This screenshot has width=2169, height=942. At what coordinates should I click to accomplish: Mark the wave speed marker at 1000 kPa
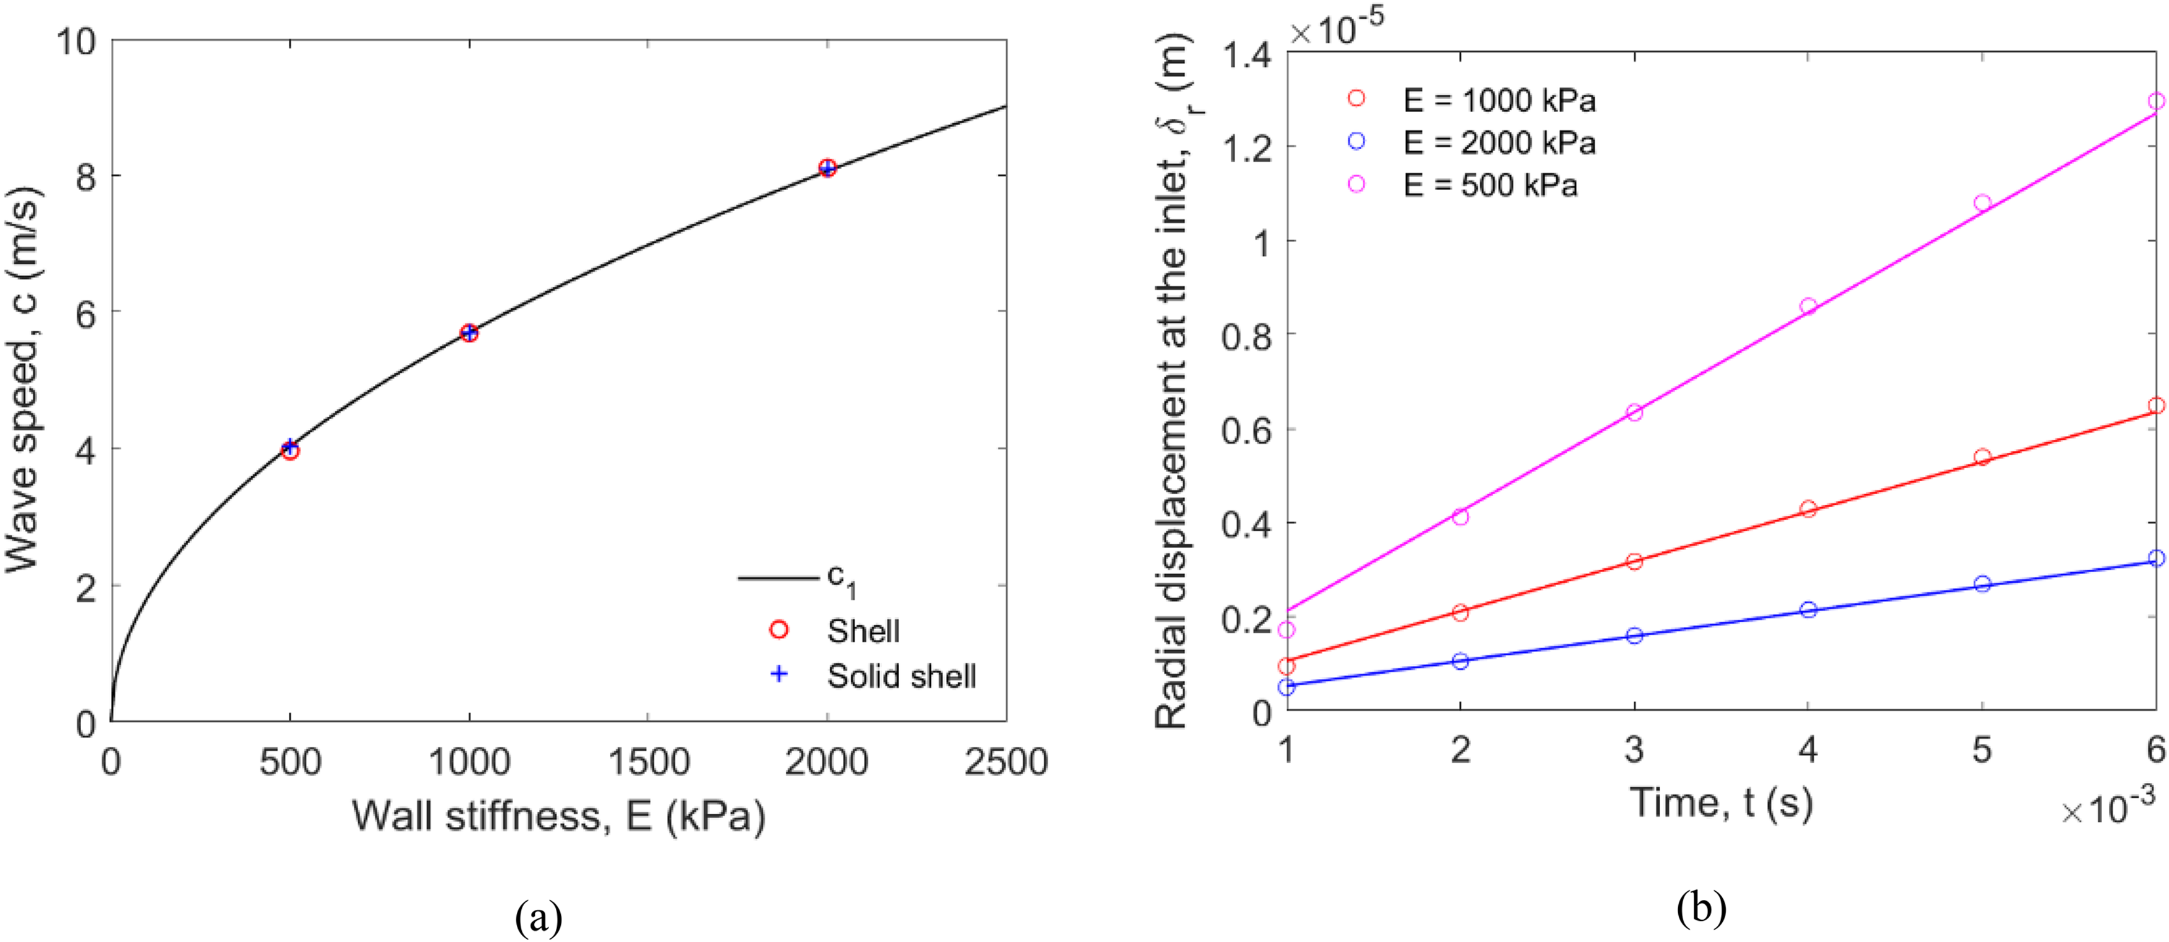[x=469, y=333]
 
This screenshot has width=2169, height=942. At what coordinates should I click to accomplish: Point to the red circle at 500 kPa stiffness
[x=291, y=451]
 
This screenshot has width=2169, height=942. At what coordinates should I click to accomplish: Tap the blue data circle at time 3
[x=1634, y=635]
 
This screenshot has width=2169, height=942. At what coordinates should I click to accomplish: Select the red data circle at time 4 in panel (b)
[x=1808, y=508]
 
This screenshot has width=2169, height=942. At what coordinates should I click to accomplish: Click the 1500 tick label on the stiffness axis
[x=648, y=762]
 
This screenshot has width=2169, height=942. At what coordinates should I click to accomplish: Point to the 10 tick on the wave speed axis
[x=76, y=40]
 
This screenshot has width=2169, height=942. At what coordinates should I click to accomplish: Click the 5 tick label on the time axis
[x=1982, y=749]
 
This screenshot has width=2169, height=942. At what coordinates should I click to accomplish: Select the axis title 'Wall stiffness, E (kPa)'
[x=558, y=816]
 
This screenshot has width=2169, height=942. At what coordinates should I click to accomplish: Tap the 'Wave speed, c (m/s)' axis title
[x=24, y=380]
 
